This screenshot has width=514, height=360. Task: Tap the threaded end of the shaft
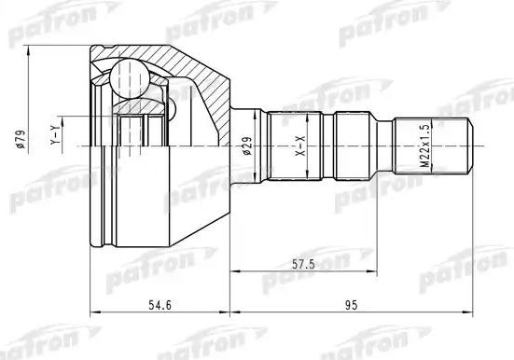(x=434, y=145)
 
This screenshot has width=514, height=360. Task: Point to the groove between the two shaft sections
(x=330, y=145)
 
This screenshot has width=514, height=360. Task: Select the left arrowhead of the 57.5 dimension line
(x=234, y=272)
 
